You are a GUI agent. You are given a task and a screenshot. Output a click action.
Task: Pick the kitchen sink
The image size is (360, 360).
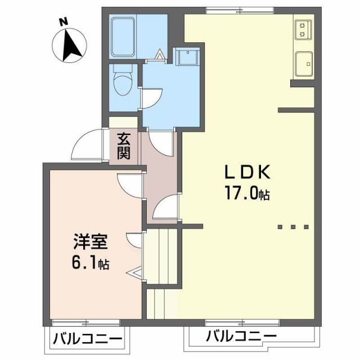[x=303, y=63]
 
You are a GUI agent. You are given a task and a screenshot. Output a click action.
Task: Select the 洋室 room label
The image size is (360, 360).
[x=87, y=243]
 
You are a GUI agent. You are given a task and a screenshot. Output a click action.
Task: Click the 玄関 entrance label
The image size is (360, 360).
[x=124, y=145]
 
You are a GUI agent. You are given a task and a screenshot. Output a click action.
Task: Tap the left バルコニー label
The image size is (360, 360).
[x=87, y=339]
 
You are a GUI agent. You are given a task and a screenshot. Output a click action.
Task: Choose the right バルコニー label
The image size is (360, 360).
[x=241, y=337]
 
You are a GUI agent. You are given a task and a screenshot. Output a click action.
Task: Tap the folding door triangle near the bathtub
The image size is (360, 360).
[x=161, y=55]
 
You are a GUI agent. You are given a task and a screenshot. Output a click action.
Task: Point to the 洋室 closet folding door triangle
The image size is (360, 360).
[x=136, y=274]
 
